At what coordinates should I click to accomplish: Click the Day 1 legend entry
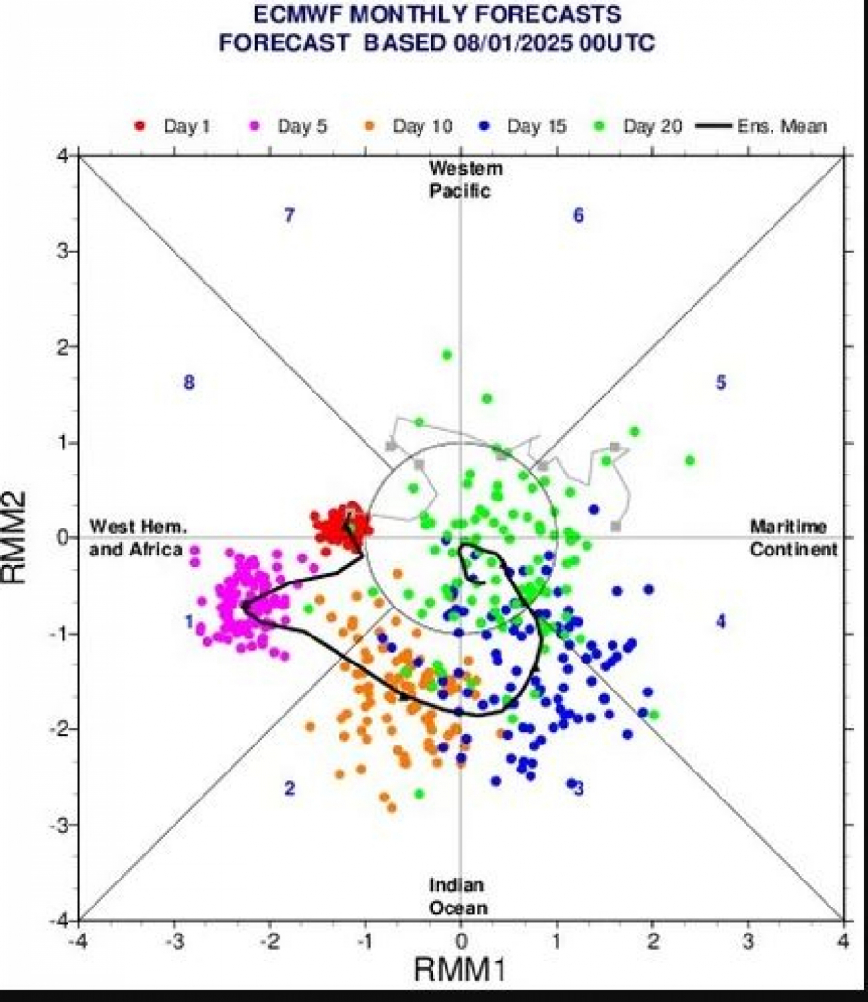[x=174, y=126]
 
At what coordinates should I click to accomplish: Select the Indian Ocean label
[x=458, y=897]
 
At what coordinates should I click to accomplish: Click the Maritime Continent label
[x=794, y=537]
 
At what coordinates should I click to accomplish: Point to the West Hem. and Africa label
[x=137, y=537]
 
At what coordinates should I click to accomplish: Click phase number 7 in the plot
[x=288, y=216]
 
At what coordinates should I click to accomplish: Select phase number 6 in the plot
[x=578, y=216]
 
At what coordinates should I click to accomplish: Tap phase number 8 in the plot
[x=189, y=383]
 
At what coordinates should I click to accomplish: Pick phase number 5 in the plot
[x=720, y=383]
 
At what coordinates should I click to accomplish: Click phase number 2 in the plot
[x=288, y=789]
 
